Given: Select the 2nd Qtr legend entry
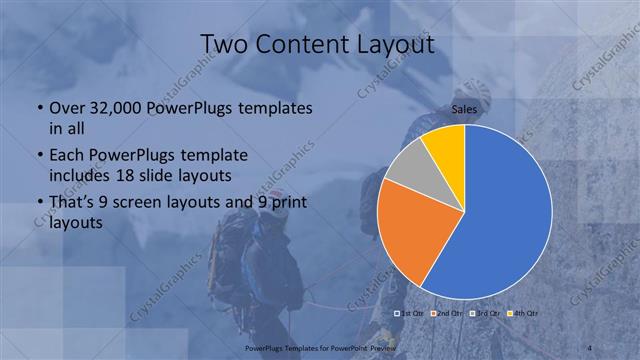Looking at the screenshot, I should pos(447,315).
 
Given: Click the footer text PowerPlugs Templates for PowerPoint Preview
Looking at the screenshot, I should pos(319,346).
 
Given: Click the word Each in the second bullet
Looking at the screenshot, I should pos(67,156).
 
